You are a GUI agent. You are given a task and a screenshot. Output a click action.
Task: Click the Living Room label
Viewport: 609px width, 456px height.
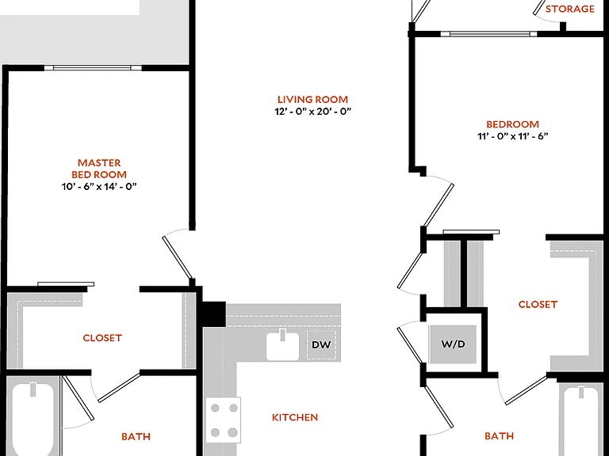pos(312,99)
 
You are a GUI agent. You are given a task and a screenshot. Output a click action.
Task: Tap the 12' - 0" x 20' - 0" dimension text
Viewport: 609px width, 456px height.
pos(312,112)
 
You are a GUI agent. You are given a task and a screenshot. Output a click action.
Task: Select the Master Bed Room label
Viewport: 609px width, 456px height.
pos(99,169)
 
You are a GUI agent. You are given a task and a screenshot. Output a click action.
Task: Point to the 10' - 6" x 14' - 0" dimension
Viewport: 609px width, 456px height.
pos(99,187)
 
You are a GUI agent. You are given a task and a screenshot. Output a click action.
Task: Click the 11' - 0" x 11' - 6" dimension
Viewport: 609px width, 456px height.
pos(513,136)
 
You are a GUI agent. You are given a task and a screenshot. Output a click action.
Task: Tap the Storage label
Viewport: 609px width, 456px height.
pos(570,9)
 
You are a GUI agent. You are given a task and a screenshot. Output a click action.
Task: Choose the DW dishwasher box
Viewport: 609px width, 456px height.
pos(321,344)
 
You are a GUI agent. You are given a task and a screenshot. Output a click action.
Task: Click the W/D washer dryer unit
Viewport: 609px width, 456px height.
pos(453,344)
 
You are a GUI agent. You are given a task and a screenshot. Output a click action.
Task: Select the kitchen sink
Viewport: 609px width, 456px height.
pos(283,345)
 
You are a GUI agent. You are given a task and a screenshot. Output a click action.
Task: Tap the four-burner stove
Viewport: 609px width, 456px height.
pos(224,420)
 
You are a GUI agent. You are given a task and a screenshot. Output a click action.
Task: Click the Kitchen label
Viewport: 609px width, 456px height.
pos(295,417)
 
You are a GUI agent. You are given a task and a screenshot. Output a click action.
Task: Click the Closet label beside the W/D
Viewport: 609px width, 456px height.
pos(538,304)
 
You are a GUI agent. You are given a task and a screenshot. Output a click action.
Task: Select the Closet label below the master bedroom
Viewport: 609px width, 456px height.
pos(102,338)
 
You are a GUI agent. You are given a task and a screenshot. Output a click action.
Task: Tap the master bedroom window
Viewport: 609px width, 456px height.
pos(93,68)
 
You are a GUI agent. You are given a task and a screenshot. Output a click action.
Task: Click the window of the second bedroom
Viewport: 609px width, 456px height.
pos(488,34)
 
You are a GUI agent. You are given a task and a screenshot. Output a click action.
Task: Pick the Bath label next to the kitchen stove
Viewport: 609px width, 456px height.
pos(136,437)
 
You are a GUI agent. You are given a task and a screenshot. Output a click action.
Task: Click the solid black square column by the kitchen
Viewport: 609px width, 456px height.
pos(212,314)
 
